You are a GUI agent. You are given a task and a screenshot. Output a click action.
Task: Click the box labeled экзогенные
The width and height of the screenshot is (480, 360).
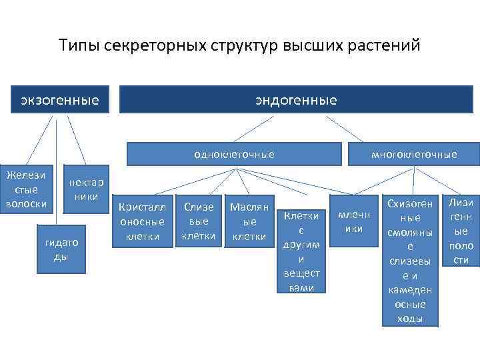(x=60, y=101)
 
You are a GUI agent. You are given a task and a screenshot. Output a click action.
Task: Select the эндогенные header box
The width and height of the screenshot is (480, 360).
(x=295, y=101)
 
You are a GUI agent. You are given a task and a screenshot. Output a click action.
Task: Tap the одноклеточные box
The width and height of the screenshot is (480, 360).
(x=234, y=154)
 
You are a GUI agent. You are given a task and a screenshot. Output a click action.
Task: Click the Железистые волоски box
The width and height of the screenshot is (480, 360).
(x=27, y=190)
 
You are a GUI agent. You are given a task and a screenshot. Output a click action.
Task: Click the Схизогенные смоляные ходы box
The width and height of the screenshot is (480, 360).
(x=409, y=261)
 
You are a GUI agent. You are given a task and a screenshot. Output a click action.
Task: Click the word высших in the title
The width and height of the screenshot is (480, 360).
(x=313, y=46)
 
